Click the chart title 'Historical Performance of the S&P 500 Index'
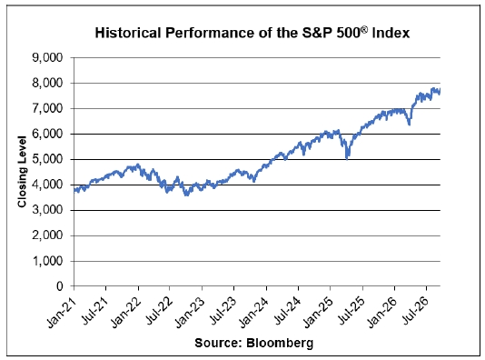click(252, 33)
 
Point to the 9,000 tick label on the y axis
click(47, 58)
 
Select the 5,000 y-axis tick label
click(47, 159)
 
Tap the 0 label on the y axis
click(60, 286)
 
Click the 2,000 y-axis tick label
click(47, 235)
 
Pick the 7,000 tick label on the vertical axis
click(47, 109)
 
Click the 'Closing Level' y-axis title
click(22, 172)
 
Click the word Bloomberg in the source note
click(280, 343)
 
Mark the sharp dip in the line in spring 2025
click(347, 158)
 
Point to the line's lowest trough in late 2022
click(186, 195)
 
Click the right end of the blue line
click(440, 90)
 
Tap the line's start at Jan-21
click(74, 190)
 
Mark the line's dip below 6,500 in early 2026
click(410, 125)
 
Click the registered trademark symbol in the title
click(365, 29)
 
